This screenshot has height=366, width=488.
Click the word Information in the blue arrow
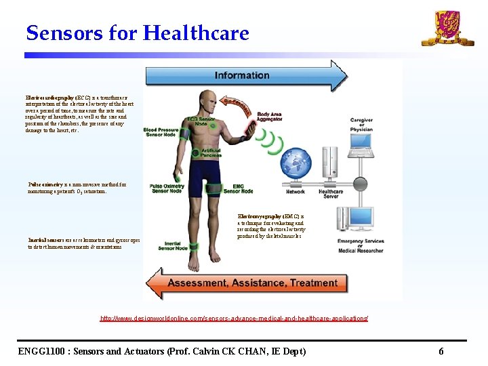242,75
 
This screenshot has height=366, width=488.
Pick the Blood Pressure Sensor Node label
160,131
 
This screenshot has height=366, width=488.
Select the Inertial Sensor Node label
172,245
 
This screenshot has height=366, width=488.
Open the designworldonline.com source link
234,318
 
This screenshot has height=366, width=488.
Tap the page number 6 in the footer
441,351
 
